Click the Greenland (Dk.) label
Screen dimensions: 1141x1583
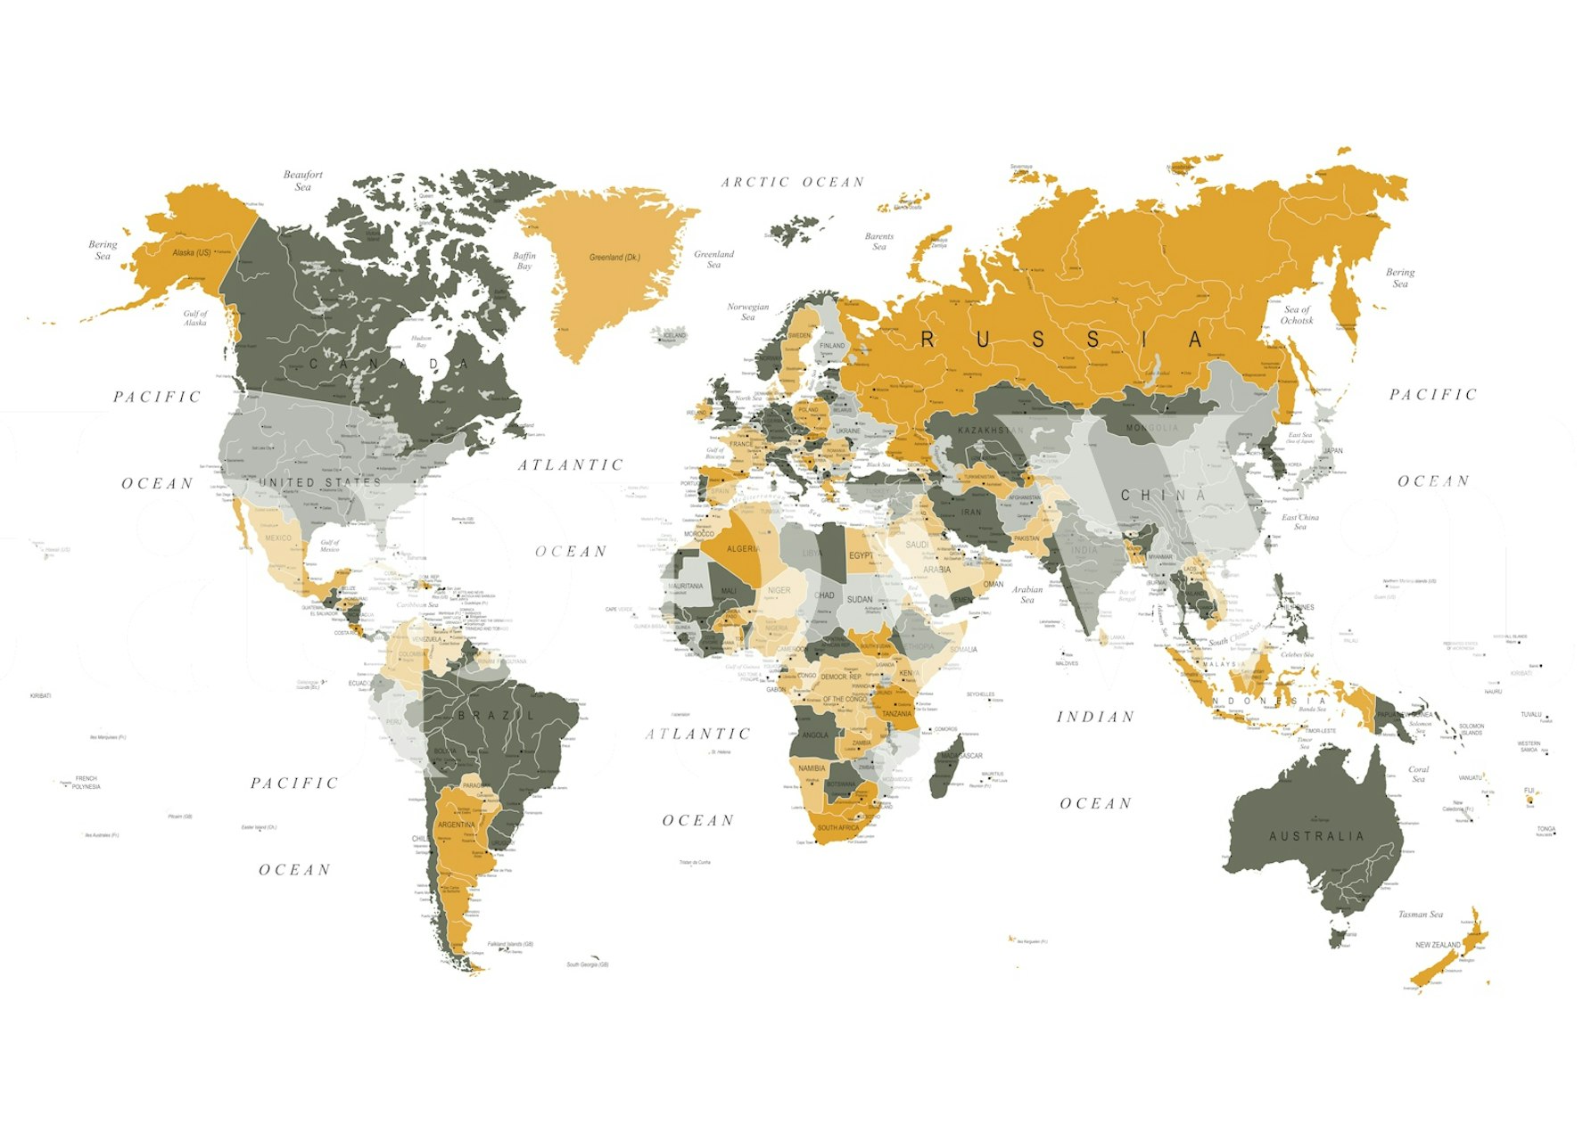(x=614, y=258)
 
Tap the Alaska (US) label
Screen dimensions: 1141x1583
(x=192, y=253)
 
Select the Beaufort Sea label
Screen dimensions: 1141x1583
(x=303, y=181)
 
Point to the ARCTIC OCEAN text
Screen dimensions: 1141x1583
(x=793, y=183)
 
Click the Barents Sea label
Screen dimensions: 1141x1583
(x=879, y=242)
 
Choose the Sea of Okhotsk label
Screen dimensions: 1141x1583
(x=1297, y=315)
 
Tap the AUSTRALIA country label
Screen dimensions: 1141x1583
(x=1316, y=836)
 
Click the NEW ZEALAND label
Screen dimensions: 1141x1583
(x=1438, y=945)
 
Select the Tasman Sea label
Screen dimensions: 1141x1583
(x=1420, y=915)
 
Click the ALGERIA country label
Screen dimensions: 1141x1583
(x=743, y=549)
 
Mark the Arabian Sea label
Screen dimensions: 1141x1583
(x=1027, y=595)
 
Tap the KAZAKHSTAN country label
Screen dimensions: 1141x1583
(x=991, y=431)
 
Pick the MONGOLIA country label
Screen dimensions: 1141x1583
(x=1151, y=428)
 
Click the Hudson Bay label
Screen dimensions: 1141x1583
(x=421, y=341)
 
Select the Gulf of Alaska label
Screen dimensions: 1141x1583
(x=195, y=318)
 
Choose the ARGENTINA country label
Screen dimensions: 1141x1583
(x=457, y=825)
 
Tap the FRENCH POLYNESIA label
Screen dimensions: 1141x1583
(x=87, y=783)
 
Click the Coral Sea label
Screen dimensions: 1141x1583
(x=1418, y=774)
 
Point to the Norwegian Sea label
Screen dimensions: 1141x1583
(x=747, y=312)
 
